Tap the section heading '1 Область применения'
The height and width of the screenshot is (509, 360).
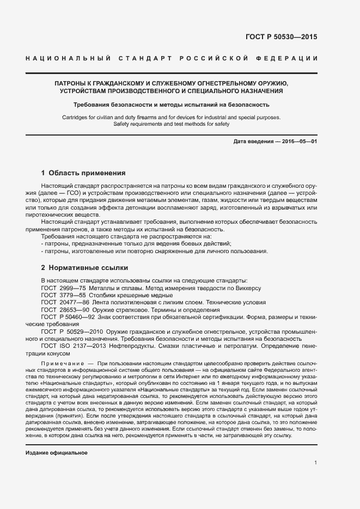(83, 173)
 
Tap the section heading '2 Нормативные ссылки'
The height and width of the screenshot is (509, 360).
(84, 268)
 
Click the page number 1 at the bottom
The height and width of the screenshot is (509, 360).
(315, 463)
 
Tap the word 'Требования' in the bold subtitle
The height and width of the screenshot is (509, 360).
(92, 105)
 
